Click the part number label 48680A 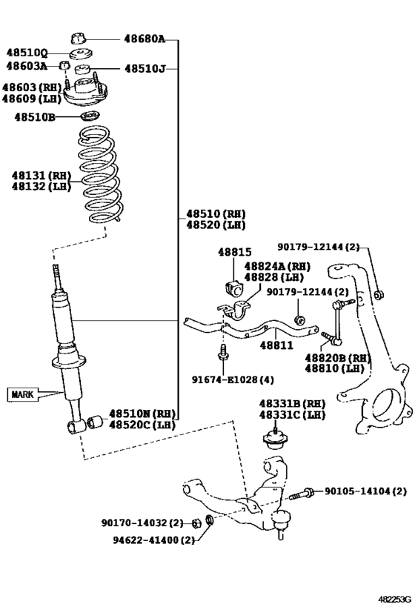pos(144,39)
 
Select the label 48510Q pos(27,53)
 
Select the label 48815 pos(235,252)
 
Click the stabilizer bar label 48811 pos(276,345)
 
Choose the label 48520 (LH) pos(216,225)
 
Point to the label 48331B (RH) pos(282,403)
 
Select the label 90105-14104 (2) pos(365,491)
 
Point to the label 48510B pos(30,116)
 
